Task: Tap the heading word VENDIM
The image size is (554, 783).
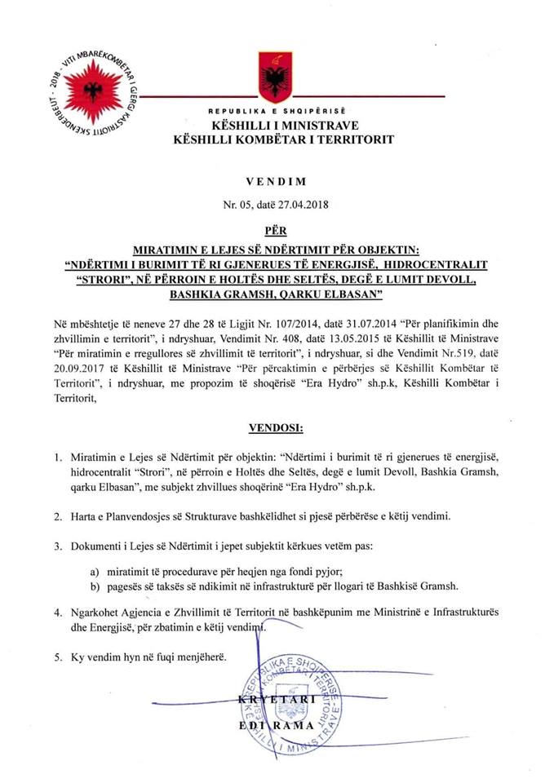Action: point(277,186)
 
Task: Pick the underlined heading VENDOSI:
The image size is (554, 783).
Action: point(277,427)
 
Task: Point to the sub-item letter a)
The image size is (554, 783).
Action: point(95,570)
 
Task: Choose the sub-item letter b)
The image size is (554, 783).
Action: point(95,585)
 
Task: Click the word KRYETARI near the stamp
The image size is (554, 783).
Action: point(277,701)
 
